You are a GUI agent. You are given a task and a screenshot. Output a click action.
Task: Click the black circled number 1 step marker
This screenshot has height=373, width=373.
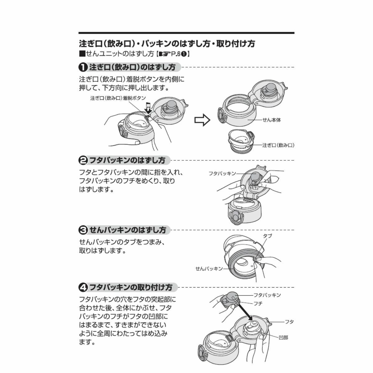point(83,67)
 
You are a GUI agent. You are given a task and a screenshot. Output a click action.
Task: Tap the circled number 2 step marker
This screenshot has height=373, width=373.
point(83,160)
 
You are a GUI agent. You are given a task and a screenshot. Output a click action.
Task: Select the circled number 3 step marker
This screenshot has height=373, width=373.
point(83,230)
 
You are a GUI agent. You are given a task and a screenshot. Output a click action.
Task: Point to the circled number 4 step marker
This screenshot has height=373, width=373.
point(83,287)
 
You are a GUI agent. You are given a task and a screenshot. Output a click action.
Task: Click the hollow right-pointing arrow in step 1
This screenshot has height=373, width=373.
point(202,120)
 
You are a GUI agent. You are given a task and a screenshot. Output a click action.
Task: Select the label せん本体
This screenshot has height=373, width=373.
point(271,120)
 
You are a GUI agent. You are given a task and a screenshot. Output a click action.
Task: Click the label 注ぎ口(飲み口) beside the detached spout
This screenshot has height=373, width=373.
point(278,145)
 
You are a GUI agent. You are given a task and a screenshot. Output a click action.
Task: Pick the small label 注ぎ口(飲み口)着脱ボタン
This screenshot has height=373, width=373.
point(118,98)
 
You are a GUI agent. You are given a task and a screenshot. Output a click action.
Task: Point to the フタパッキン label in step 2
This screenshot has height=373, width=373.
point(222,173)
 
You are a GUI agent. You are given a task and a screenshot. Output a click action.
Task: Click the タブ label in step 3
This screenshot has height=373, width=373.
point(267,236)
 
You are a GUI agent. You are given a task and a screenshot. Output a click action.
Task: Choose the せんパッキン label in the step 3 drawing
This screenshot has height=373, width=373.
point(209,269)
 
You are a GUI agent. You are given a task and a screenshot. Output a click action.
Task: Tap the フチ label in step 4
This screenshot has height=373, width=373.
point(258,303)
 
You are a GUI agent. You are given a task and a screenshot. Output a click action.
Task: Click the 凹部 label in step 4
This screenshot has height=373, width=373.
point(283,337)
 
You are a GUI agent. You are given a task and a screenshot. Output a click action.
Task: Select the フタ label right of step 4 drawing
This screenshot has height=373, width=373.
point(289,322)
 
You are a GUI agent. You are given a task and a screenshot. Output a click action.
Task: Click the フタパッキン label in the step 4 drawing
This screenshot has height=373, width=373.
point(267,295)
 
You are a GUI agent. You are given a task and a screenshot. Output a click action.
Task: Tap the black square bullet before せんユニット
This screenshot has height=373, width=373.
point(82,53)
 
